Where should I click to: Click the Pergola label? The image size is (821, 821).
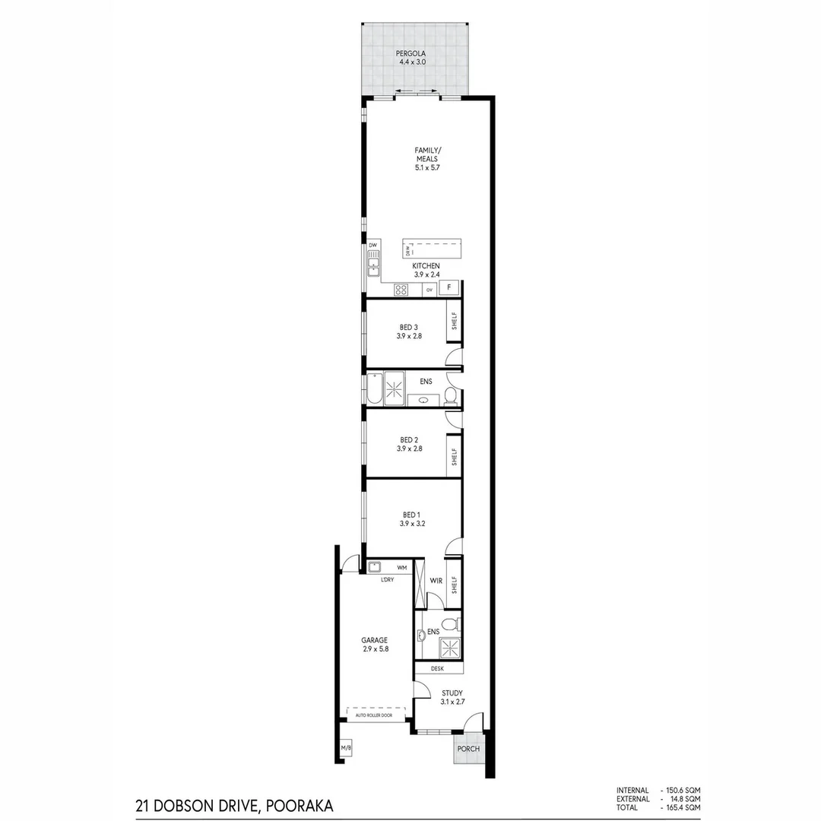click(414, 53)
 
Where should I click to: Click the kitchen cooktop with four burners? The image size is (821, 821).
click(401, 289)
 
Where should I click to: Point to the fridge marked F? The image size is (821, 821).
click(449, 288)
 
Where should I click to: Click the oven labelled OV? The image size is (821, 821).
click(430, 290)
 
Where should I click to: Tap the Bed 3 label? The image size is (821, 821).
click(410, 327)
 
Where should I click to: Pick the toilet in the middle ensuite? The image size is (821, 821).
click(450, 395)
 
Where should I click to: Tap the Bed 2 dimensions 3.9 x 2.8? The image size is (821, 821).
click(410, 449)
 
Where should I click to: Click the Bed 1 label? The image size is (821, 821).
click(410, 515)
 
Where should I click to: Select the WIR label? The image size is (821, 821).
click(436, 580)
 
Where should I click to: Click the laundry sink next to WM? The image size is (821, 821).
click(374, 567)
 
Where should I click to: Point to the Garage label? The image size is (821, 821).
click(374, 640)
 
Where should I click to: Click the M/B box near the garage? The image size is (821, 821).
click(347, 750)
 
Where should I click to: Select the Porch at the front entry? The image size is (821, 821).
click(468, 749)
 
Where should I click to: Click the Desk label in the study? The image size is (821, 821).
click(437, 669)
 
